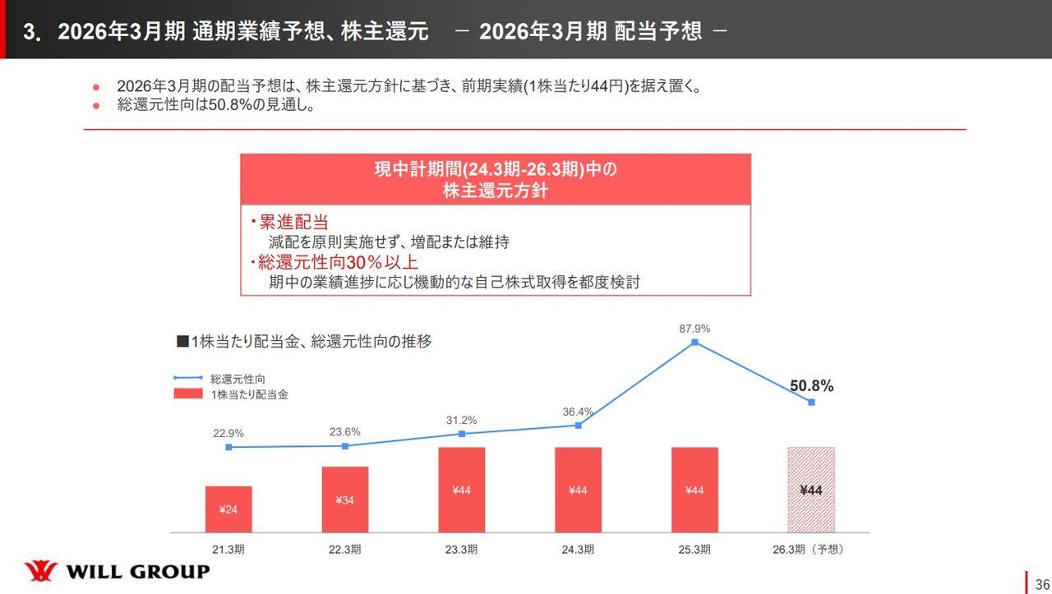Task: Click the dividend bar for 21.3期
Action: [x=228, y=509]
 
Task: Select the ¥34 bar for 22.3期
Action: [x=345, y=500]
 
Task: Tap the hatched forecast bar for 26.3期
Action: [x=811, y=490]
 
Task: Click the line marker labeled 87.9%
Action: [x=694, y=342]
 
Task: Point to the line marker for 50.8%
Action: [x=811, y=402]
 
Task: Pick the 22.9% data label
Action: [x=228, y=433]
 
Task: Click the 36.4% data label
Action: [x=578, y=412]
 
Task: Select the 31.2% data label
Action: [x=461, y=420]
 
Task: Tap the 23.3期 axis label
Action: [x=461, y=550]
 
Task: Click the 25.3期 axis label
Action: [x=694, y=550]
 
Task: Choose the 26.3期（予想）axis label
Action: [x=810, y=550]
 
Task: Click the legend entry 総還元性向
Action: [x=237, y=378]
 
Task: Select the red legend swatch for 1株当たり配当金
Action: [x=187, y=394]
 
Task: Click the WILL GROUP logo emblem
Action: [x=39, y=571]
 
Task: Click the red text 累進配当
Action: [x=293, y=223]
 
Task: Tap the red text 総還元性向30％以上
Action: [x=338, y=263]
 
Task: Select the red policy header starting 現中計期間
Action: [x=496, y=180]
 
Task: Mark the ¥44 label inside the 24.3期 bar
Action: [x=578, y=490]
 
